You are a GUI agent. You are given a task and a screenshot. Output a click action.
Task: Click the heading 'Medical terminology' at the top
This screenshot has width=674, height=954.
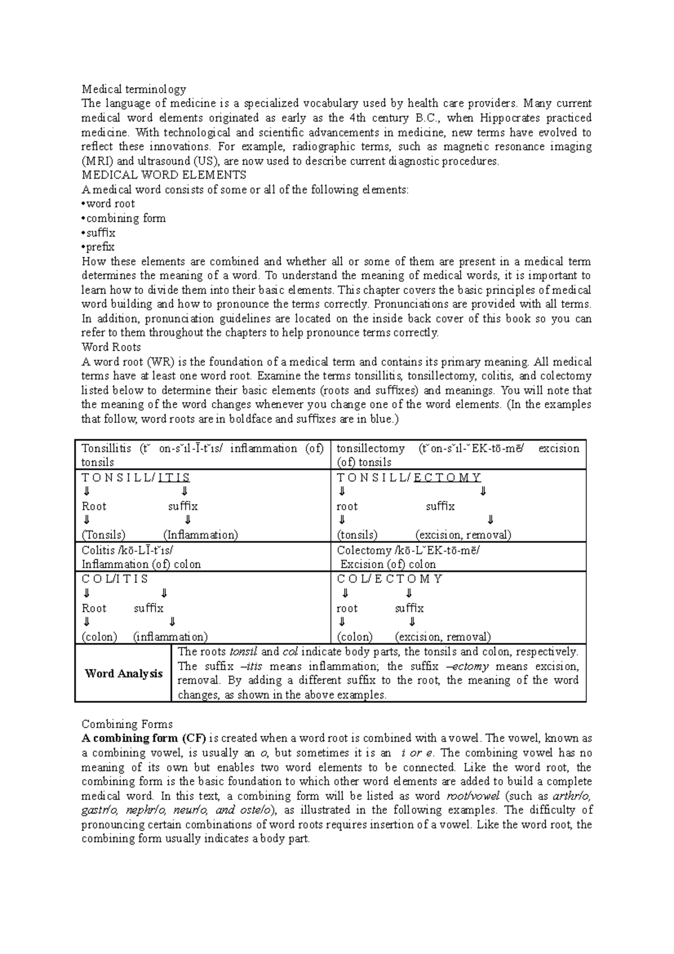[x=134, y=89]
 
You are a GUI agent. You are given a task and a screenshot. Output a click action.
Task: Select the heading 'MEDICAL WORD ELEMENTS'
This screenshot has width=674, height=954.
[x=163, y=175]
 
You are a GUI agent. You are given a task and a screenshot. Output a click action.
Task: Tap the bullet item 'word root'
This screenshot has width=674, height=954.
[x=110, y=203]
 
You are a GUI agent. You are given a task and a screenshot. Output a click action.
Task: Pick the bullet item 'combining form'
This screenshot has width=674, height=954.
[x=125, y=218]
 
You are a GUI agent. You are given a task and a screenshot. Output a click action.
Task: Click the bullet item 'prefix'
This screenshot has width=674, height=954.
[x=100, y=247]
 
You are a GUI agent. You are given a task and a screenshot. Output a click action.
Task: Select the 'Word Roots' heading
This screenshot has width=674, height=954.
[x=111, y=347]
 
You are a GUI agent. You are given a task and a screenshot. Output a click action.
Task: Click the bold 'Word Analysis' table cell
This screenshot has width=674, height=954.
[x=124, y=673]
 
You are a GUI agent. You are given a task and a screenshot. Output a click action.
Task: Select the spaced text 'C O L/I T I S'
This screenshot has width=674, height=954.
[x=115, y=579]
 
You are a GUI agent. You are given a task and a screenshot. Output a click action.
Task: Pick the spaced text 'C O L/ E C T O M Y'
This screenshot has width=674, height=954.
[x=390, y=579]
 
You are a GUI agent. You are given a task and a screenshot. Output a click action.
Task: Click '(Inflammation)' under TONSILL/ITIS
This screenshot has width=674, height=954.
[x=201, y=534]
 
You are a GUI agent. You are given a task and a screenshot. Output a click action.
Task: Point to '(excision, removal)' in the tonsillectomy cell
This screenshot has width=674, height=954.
[x=463, y=534]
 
